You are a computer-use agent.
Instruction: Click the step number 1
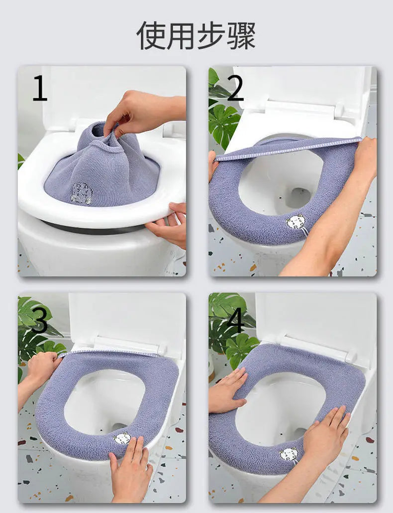pos(40,88)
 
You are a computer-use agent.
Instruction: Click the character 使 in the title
pos(151,35)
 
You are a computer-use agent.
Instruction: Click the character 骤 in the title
pos(241,35)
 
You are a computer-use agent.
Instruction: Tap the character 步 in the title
pos(211,35)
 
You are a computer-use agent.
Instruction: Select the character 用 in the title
pos(181,35)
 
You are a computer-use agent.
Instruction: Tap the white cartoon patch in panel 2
pos(295,222)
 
